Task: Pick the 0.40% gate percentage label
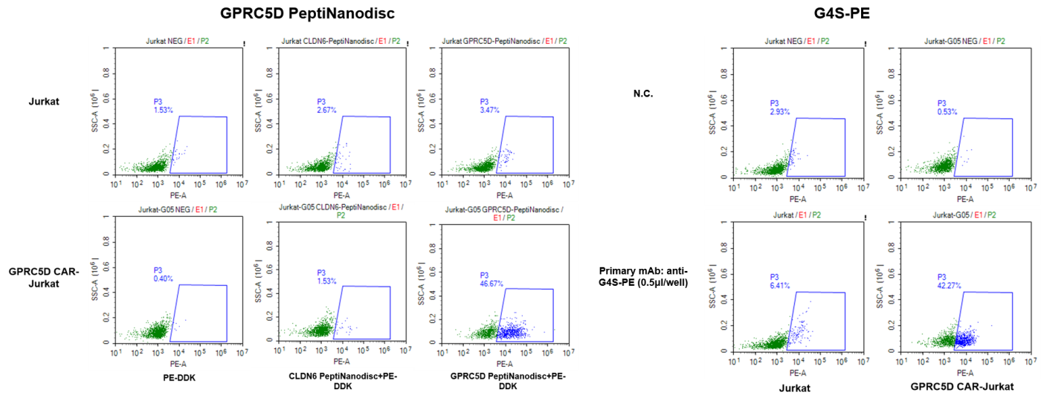[x=163, y=278]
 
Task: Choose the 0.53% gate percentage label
[x=947, y=112]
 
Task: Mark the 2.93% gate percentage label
[x=781, y=112]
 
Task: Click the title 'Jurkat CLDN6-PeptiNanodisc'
[x=327, y=41]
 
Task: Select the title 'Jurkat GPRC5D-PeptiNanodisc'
[x=491, y=41]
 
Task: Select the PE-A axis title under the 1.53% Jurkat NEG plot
[x=178, y=195]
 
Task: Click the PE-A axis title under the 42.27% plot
[x=964, y=373]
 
